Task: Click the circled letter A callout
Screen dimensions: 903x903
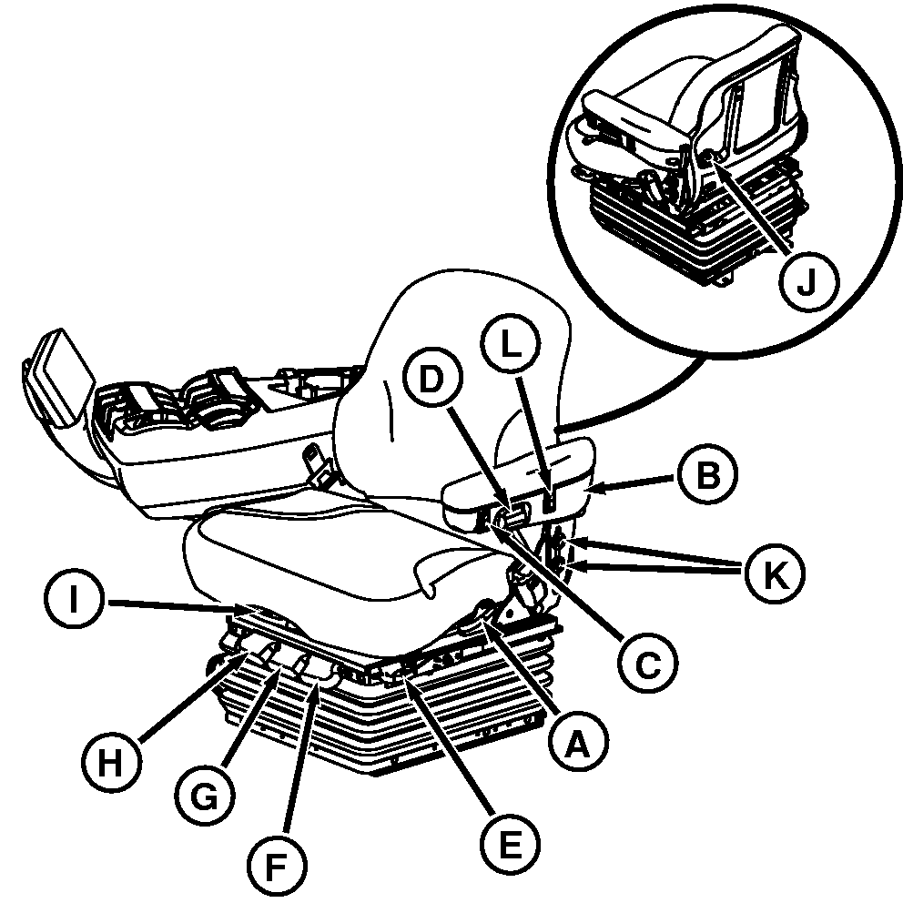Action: (578, 743)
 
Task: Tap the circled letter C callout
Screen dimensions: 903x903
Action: (647, 664)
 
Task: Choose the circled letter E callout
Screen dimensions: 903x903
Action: (510, 843)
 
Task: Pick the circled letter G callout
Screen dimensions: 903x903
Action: (205, 798)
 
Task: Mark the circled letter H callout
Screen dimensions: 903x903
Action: (110, 762)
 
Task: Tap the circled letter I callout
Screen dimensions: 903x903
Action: (74, 600)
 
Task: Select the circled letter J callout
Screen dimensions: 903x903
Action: (808, 281)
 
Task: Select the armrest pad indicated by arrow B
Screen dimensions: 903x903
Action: (518, 479)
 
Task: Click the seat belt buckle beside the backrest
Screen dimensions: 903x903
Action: (316, 463)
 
